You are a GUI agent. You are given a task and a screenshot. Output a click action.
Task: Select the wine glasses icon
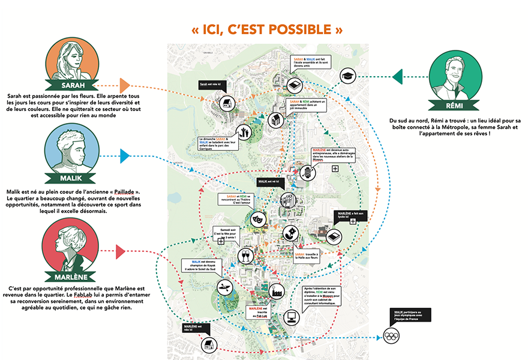coord(244,256)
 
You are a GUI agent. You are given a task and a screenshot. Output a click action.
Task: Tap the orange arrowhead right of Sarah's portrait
coord(125,85)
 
